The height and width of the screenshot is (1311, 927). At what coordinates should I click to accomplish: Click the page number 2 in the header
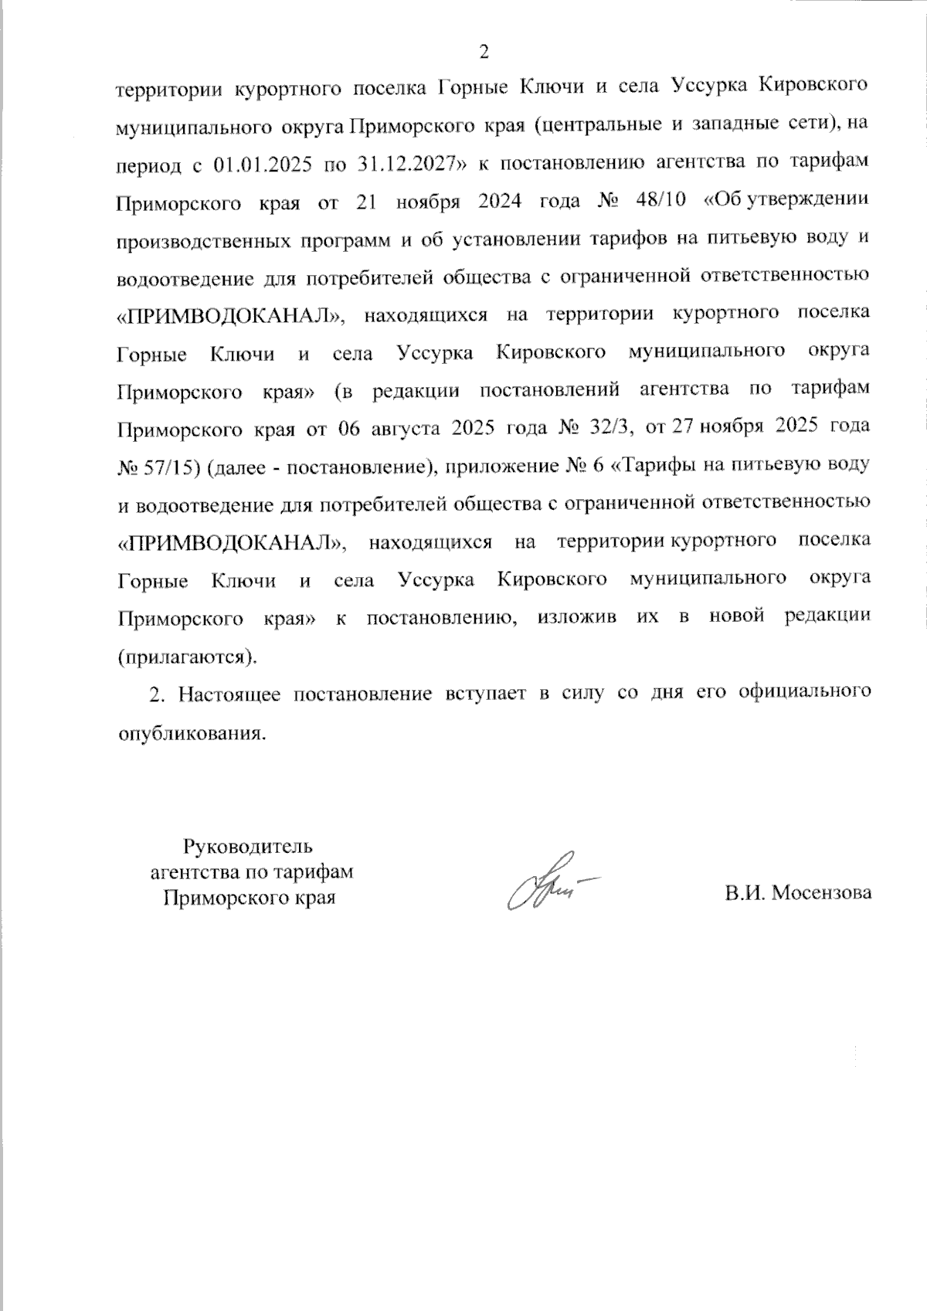pyautogui.click(x=484, y=52)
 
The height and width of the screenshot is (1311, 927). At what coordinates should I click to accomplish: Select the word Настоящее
pyautogui.click(x=224, y=694)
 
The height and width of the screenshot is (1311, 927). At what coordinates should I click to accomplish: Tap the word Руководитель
pyautogui.click(x=248, y=845)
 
